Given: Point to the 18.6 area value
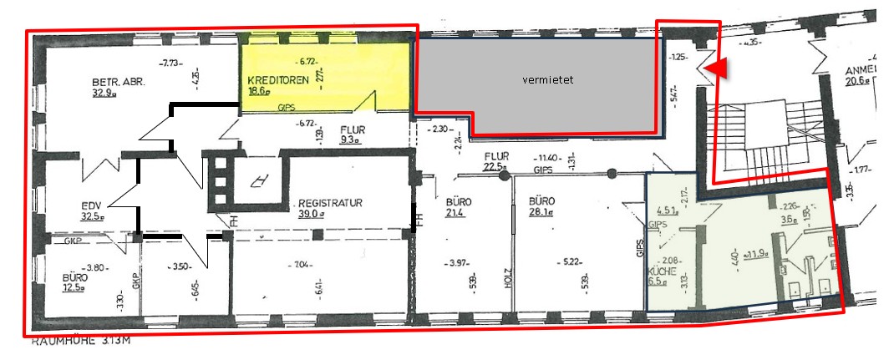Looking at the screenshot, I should [259, 92].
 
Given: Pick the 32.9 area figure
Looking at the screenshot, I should [106, 94].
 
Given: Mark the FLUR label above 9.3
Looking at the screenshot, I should [353, 130].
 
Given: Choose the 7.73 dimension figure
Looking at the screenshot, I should [172, 63].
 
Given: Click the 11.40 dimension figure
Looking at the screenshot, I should [548, 157].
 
